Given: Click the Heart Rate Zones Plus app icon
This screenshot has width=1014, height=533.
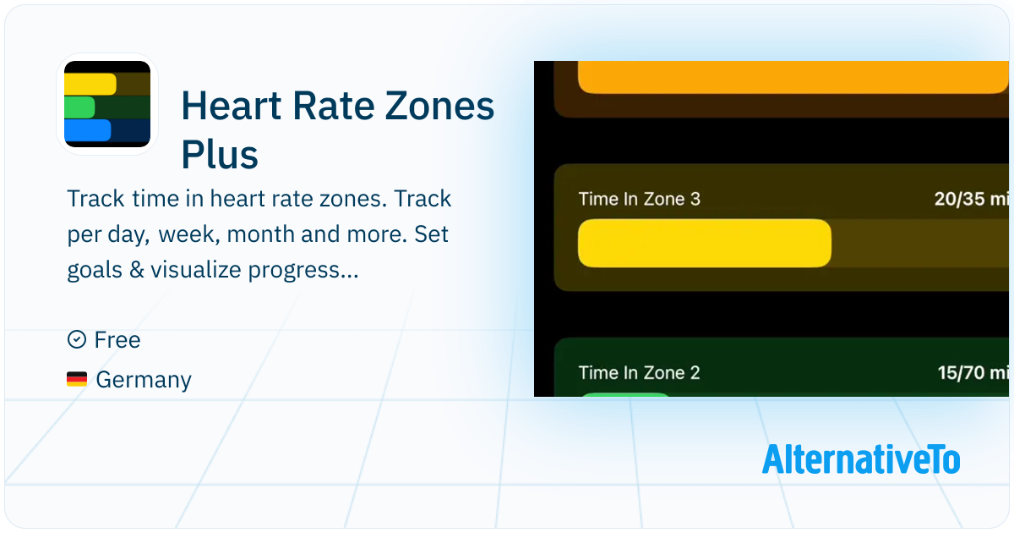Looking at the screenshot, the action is (x=107, y=104).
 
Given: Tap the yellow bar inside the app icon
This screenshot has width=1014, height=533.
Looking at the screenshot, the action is (x=90, y=85).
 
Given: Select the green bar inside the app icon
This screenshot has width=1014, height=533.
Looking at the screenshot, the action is (x=79, y=107).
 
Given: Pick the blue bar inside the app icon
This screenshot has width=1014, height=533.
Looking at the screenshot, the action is (x=87, y=130).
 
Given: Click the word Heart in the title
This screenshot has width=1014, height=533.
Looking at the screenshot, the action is (x=232, y=106).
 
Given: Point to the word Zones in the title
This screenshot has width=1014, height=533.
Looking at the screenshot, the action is (x=439, y=106).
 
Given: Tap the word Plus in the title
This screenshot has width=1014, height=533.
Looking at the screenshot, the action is (x=220, y=155).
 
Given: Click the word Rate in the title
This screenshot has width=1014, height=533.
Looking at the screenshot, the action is (x=334, y=106).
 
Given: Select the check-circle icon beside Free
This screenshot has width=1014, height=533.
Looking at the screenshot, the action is (x=77, y=339).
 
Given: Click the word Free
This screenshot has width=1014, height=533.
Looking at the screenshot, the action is (x=117, y=340).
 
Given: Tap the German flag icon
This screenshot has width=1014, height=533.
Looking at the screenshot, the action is (x=77, y=379).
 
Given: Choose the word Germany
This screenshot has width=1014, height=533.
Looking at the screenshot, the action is (x=144, y=380).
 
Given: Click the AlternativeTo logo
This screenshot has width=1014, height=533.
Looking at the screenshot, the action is (x=861, y=459).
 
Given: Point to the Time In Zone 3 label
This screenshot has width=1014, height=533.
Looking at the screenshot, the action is (x=639, y=199).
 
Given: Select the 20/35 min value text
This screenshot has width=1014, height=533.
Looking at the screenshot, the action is (x=972, y=199).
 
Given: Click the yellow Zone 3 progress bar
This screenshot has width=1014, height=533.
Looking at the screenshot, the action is (x=705, y=244).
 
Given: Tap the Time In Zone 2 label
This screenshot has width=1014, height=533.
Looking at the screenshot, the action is (x=639, y=372).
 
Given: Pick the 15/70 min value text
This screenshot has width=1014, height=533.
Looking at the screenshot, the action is (x=973, y=372).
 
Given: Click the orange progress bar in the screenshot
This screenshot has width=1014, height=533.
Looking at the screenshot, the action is (x=793, y=78).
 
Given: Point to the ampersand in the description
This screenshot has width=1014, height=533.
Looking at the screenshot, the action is (x=137, y=270).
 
